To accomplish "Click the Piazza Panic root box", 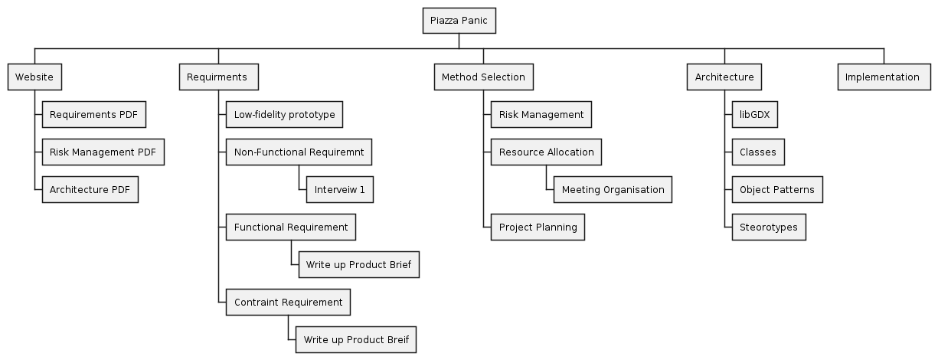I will click(x=459, y=21).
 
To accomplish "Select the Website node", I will click(x=34, y=77).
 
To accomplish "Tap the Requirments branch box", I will click(x=218, y=77).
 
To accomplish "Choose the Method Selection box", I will click(x=483, y=77).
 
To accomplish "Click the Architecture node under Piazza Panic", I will click(x=724, y=77).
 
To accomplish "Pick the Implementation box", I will click(x=884, y=77).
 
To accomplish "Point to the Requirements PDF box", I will click(x=93, y=115).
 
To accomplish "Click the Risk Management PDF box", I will click(x=103, y=152).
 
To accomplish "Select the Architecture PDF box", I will click(x=90, y=190).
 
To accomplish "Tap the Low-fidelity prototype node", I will click(x=284, y=115).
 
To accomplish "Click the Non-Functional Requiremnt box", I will click(x=299, y=152).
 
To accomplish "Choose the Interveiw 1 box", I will click(x=339, y=190).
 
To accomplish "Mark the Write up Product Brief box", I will click(x=358, y=265).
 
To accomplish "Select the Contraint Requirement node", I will click(x=288, y=303).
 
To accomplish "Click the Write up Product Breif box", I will click(x=356, y=340).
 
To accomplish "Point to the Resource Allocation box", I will click(x=546, y=152).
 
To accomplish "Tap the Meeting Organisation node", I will click(x=613, y=190).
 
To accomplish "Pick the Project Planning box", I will click(x=538, y=227).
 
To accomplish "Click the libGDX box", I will click(x=755, y=115).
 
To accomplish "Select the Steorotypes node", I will click(x=768, y=227).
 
